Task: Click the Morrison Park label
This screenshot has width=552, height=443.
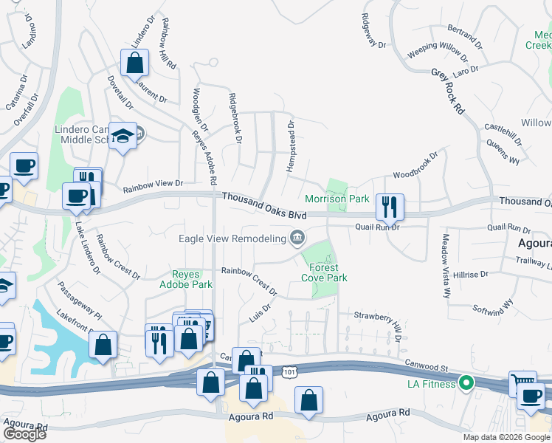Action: click(x=337, y=199)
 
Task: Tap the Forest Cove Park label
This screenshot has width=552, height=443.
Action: click(x=324, y=272)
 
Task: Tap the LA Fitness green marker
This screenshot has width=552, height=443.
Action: click(x=466, y=383)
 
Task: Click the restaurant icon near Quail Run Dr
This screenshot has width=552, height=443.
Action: click(x=390, y=207)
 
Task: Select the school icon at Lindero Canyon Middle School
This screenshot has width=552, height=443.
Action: click(x=123, y=135)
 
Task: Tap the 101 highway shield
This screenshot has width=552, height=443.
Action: click(x=293, y=374)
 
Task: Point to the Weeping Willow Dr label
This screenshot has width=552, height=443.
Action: click(x=437, y=52)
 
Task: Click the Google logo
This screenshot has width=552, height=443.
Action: click(x=24, y=434)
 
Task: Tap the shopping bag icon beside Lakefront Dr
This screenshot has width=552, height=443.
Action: click(x=103, y=344)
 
